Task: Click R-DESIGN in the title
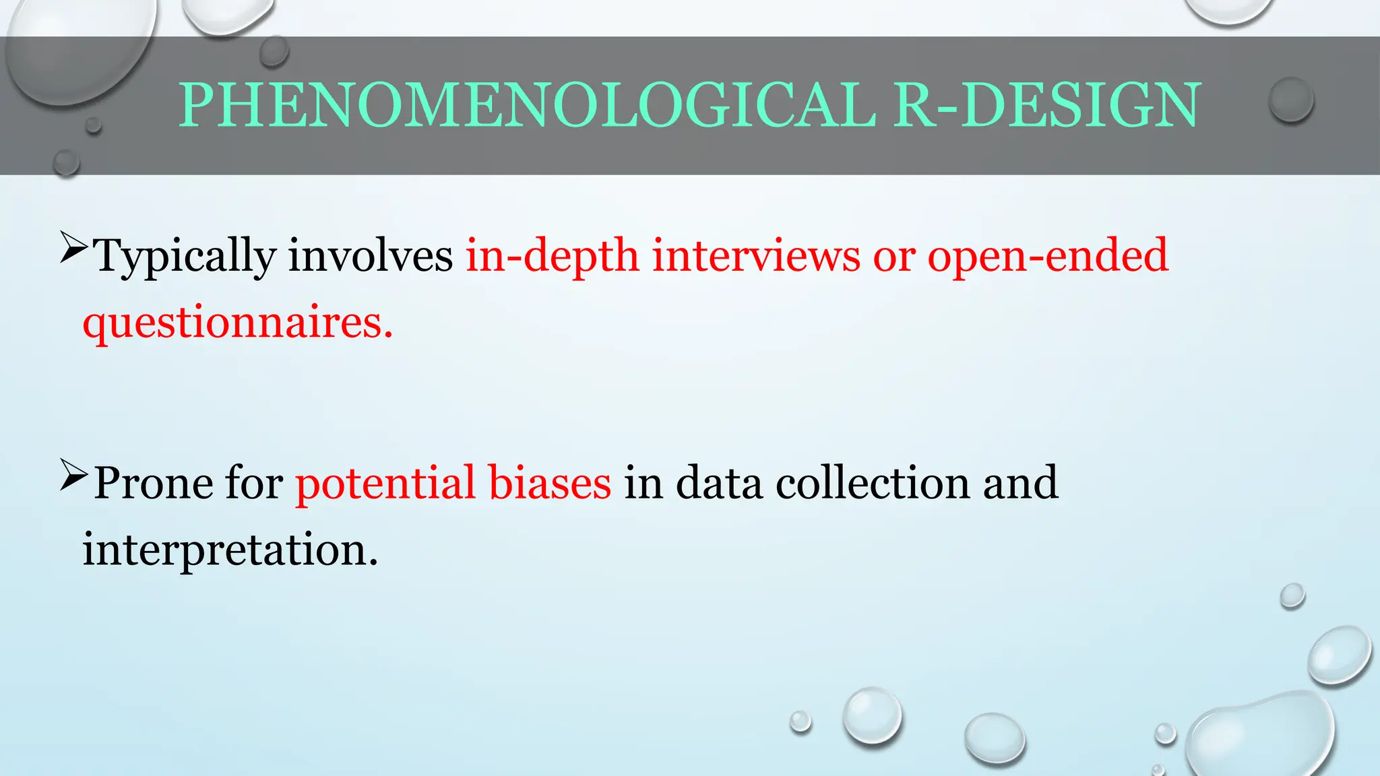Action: click(1046, 105)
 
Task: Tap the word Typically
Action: click(185, 257)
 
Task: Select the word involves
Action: click(371, 256)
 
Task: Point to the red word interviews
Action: click(756, 256)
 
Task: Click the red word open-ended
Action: click(1047, 256)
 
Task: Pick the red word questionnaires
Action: click(237, 323)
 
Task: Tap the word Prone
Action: click(152, 483)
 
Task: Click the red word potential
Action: click(385, 483)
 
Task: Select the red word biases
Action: click(549, 483)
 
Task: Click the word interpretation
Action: click(230, 550)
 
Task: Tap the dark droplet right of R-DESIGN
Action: click(1290, 100)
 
